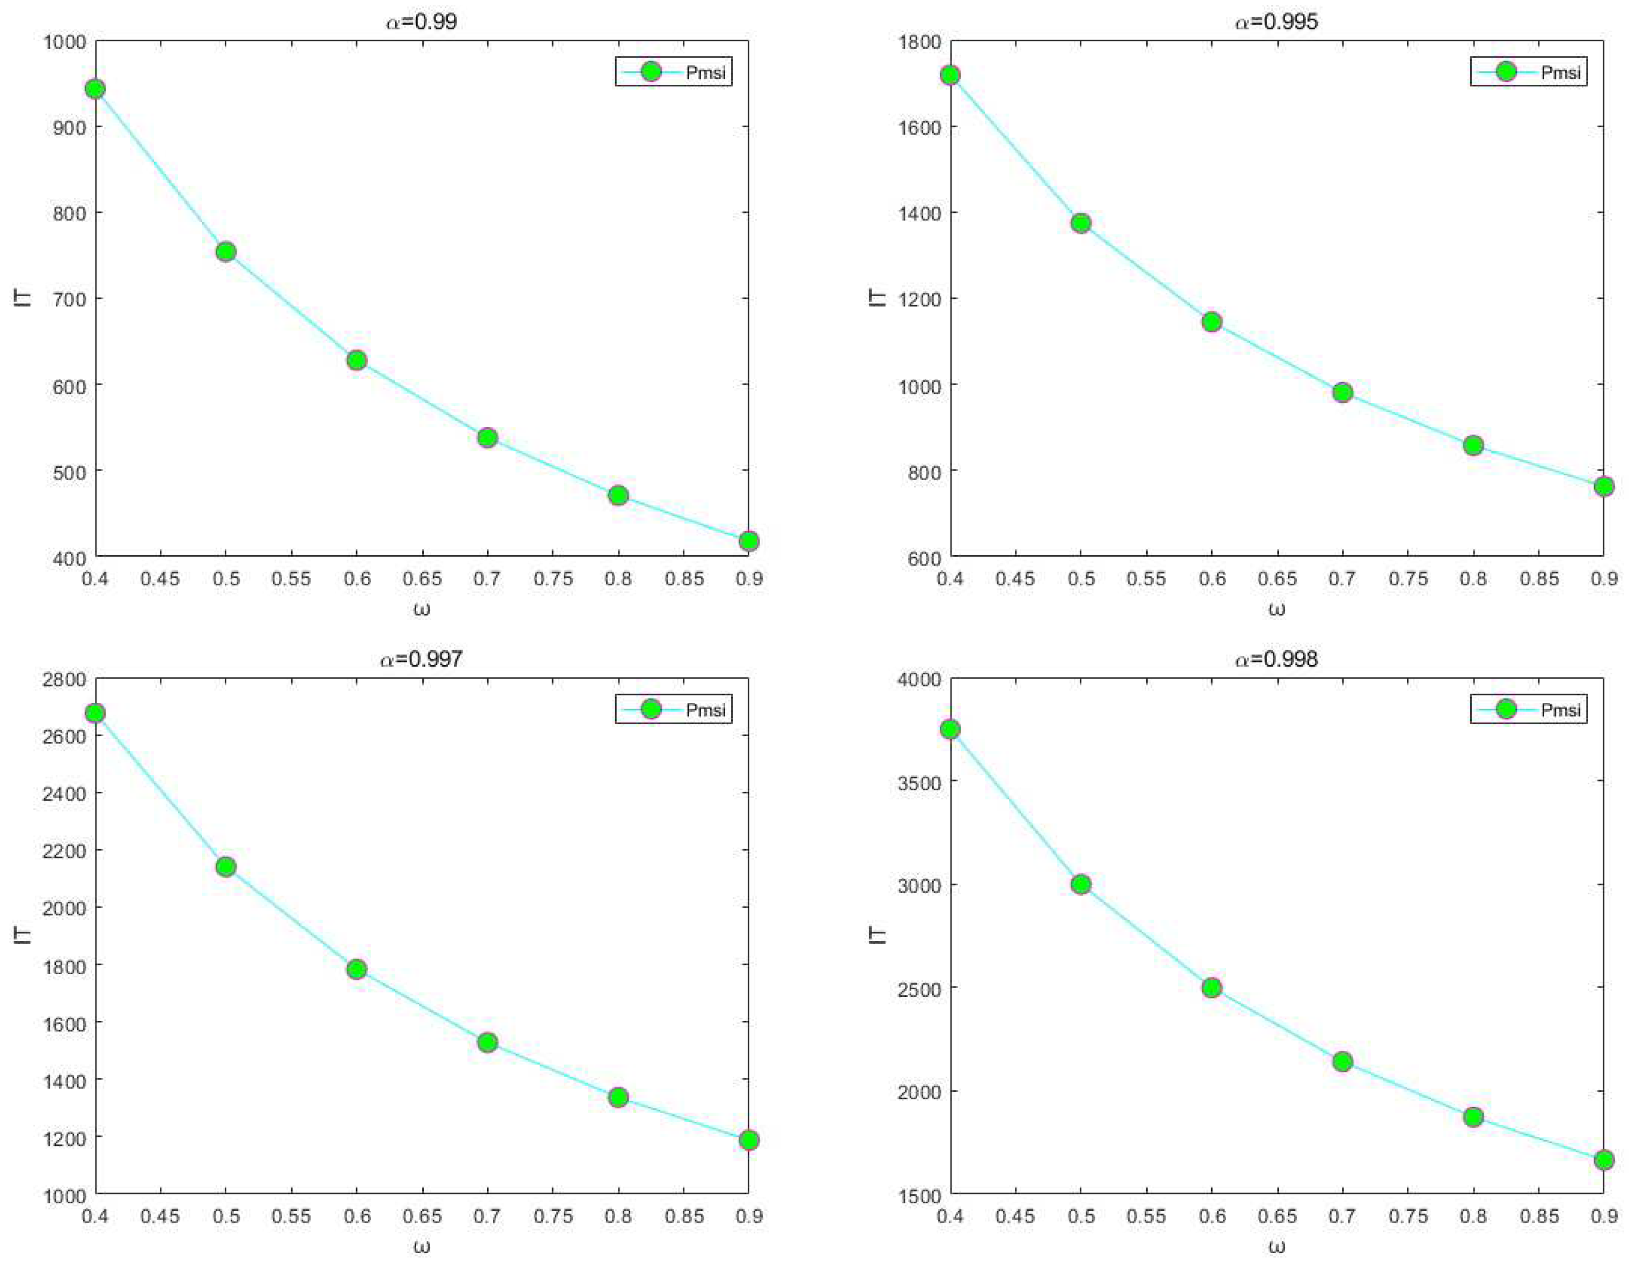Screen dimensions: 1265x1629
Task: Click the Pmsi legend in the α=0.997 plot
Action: tap(674, 709)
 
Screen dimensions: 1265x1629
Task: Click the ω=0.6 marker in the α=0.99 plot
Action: tap(357, 361)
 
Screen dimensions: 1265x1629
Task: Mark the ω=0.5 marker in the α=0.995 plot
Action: tap(1081, 223)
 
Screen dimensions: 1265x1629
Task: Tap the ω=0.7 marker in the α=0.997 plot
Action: tap(487, 1042)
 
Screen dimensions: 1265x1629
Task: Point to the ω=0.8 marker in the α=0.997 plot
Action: tap(617, 1097)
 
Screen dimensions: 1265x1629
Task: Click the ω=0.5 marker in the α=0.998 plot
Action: tap(1081, 885)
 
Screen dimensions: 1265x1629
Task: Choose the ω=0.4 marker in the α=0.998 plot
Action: tap(950, 730)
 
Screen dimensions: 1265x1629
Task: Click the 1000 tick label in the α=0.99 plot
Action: tap(65, 42)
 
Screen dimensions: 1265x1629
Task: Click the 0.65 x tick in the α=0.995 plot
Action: tap(1277, 579)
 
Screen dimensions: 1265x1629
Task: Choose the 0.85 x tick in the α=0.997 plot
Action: tap(683, 1217)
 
